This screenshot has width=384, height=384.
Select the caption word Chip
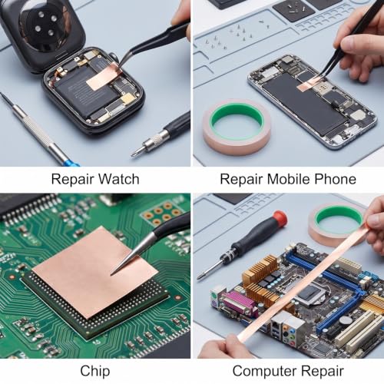click(x=95, y=372)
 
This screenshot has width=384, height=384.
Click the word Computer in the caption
click(x=265, y=372)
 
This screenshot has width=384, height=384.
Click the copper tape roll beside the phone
click(x=237, y=127)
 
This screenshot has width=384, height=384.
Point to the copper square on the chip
click(x=95, y=272)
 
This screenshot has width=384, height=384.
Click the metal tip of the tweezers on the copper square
click(x=111, y=274)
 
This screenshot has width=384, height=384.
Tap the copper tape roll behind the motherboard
click(x=336, y=223)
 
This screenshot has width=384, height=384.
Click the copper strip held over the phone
click(x=308, y=85)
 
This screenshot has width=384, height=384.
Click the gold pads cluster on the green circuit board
click(x=164, y=214)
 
